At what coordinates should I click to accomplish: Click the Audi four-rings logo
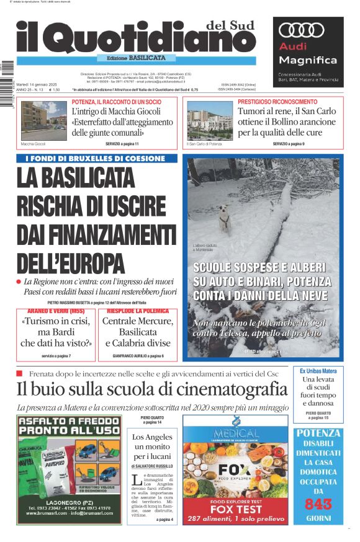click(x=302, y=30)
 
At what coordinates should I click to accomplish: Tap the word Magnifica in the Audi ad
click(x=308, y=60)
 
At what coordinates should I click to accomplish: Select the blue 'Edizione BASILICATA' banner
click(x=136, y=58)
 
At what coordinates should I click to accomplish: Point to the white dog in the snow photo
click(x=225, y=220)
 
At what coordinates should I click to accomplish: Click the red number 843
click(x=318, y=505)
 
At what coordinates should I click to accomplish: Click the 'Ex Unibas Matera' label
click(x=318, y=371)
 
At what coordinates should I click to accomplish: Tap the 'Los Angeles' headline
click(x=152, y=437)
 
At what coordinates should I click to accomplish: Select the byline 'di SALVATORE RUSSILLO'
click(x=152, y=465)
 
